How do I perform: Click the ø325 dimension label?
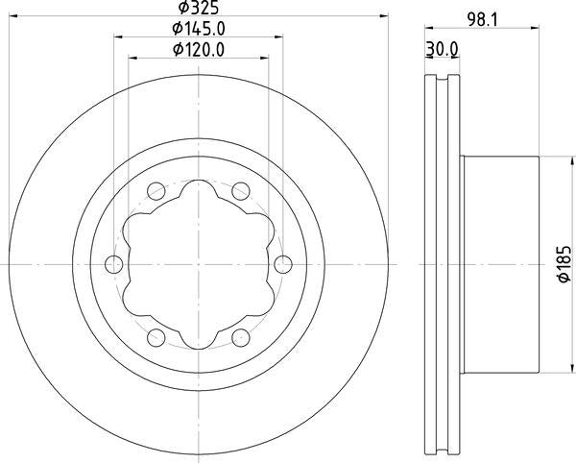point(199,8)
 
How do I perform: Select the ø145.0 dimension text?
point(199,29)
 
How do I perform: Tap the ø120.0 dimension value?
point(199,50)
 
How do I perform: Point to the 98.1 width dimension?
point(482,20)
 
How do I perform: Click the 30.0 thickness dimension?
point(442,49)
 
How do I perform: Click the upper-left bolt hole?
point(156,191)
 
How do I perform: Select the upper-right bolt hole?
point(241,191)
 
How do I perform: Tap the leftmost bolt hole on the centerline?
point(114,264)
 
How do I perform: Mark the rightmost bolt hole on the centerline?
point(283,264)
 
